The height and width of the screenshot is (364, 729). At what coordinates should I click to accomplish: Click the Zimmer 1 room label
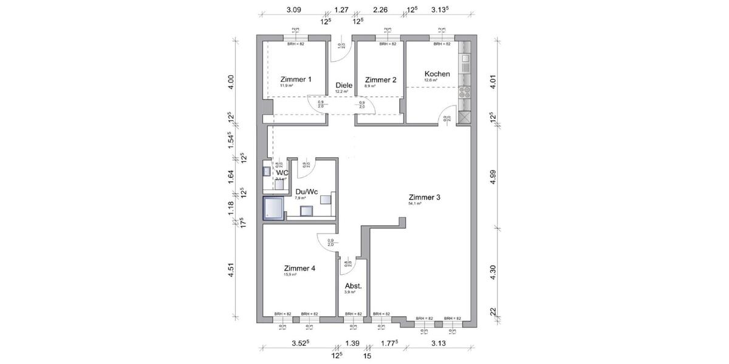[x=296, y=79]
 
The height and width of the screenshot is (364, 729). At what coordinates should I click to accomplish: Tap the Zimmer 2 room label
[x=380, y=79]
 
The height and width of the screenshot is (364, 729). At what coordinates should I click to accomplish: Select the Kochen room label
[x=437, y=74]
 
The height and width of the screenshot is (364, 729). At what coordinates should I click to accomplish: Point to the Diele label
[x=344, y=86]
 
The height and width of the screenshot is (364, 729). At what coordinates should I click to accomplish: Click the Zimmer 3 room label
[x=424, y=197]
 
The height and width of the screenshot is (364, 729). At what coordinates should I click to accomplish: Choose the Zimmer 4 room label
[x=299, y=268]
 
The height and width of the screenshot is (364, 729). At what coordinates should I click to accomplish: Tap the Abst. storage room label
[x=353, y=286]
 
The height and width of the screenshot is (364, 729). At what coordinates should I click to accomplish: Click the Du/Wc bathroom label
[x=306, y=191]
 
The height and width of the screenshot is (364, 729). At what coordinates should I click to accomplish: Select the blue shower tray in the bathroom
[x=273, y=207]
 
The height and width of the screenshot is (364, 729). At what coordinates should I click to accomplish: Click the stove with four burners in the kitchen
[x=465, y=93]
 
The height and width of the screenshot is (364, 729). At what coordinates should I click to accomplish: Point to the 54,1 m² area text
[x=415, y=204]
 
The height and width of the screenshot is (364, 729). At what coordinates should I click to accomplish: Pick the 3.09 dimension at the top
[x=293, y=10]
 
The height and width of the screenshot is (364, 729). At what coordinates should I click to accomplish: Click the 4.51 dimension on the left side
[x=230, y=269]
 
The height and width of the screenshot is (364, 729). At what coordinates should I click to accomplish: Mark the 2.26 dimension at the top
[x=380, y=10]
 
